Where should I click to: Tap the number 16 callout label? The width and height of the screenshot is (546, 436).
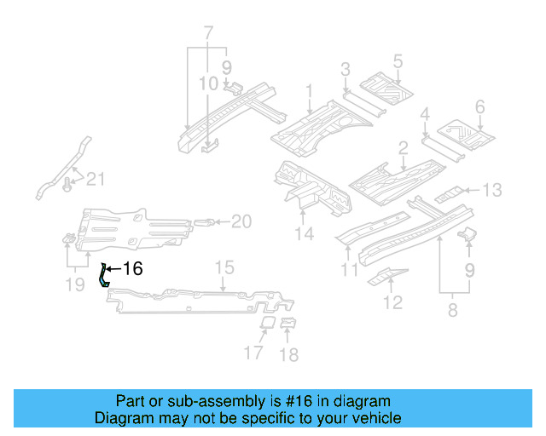(x=132, y=269)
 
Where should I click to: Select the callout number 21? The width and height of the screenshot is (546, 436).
(x=96, y=178)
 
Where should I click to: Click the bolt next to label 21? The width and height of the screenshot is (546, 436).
(x=69, y=181)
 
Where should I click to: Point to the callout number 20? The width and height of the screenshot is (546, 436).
(x=241, y=222)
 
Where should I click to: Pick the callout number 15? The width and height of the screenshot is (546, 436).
(x=223, y=268)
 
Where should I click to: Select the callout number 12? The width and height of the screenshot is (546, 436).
(x=392, y=301)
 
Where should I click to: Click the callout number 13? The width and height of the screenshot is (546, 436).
(x=493, y=190)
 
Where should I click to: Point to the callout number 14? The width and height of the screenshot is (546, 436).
(x=305, y=234)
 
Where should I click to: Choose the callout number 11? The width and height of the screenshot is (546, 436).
(x=348, y=272)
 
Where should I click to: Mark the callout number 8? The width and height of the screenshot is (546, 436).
(x=452, y=310)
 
